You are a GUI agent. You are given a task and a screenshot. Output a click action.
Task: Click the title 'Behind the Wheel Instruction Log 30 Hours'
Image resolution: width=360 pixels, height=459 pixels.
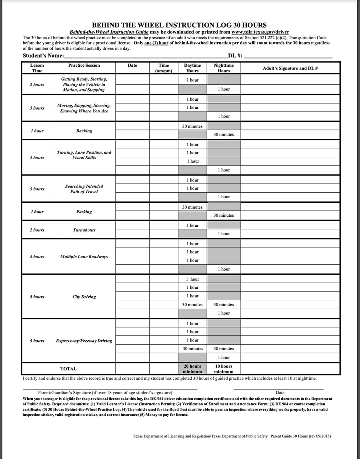179,25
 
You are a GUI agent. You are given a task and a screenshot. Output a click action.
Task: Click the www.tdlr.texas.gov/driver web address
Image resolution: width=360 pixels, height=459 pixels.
260,32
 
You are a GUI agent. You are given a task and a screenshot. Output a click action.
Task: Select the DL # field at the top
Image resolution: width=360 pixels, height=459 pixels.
288,56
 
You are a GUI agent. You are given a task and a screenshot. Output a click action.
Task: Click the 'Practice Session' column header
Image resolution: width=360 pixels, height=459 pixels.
84,66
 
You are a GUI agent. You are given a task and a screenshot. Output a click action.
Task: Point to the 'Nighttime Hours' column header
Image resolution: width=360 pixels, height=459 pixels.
224,68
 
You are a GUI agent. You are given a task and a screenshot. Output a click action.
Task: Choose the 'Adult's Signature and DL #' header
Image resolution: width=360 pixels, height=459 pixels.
290,68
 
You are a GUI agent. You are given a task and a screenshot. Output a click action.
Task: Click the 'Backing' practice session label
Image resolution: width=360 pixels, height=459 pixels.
84,131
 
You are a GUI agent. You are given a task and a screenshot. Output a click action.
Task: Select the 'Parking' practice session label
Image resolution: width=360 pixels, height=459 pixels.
84,212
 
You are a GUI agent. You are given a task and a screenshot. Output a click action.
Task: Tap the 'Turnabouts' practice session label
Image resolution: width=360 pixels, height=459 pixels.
84,230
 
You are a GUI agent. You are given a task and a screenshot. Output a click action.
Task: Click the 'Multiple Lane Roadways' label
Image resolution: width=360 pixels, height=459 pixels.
84,257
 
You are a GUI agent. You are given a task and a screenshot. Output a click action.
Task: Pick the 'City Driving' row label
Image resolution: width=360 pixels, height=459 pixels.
84,297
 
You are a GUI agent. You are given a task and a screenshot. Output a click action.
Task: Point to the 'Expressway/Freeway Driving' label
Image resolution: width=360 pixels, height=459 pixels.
84,341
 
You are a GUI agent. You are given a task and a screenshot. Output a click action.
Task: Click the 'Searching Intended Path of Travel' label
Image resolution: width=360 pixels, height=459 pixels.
84,189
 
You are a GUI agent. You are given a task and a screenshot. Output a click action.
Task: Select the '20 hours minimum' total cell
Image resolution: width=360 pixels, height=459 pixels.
192,369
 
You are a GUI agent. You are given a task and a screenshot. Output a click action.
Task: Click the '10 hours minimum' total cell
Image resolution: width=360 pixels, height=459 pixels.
224,369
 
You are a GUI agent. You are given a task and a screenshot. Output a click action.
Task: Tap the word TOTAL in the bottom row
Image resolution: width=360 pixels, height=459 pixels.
68,369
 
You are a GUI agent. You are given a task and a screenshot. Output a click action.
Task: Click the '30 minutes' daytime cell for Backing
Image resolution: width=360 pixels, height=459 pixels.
192,126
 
